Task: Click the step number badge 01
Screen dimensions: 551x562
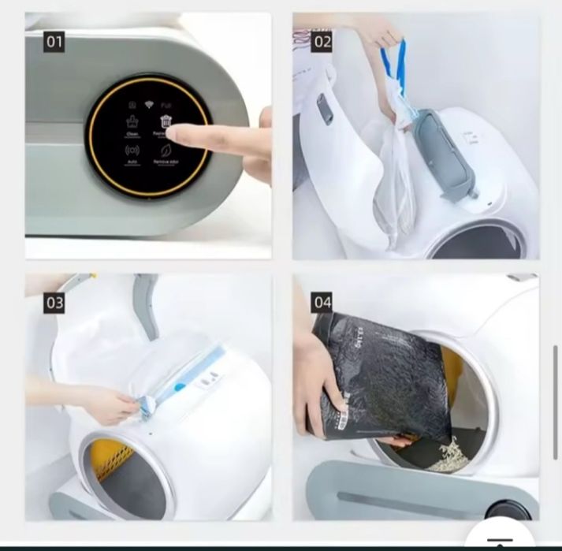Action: click(x=54, y=42)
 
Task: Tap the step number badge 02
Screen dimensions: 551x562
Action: click(x=322, y=42)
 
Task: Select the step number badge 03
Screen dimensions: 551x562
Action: click(x=54, y=303)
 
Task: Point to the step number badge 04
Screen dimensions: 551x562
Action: click(x=322, y=303)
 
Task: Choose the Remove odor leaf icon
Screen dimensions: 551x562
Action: click(x=166, y=151)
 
